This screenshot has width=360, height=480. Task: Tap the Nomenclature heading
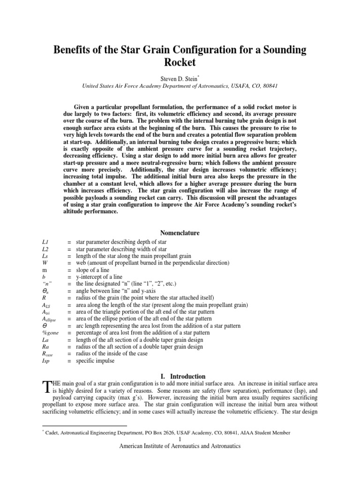point(180,233)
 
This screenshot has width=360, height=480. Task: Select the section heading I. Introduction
point(180,376)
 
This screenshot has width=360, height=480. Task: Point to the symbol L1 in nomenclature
point(45,241)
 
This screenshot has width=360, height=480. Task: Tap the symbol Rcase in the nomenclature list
point(48,354)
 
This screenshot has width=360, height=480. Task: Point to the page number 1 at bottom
point(180,439)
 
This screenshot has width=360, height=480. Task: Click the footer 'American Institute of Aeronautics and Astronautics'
point(180,446)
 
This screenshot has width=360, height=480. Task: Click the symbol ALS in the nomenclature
point(46,305)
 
